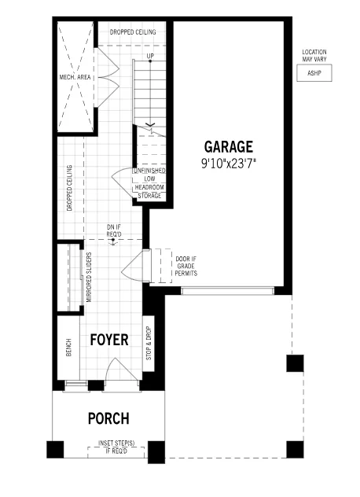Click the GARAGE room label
click(229, 147)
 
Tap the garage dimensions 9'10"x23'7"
click(229, 164)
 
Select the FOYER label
click(109, 340)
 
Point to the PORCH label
click(108, 418)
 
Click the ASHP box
click(314, 73)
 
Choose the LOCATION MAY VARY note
click(314, 56)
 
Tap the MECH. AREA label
click(75, 77)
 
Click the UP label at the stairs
click(150, 56)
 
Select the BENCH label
click(68, 348)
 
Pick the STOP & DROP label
click(149, 344)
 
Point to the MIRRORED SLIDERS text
click(89, 277)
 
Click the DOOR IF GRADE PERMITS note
click(186, 266)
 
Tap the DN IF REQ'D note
click(114, 230)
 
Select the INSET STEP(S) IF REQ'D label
click(116, 447)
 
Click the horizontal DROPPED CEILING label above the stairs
click(133, 32)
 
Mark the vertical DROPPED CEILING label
click(70, 188)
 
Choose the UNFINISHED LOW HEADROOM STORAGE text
click(149, 183)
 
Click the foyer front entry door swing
click(121, 370)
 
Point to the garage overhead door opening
click(227, 291)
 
